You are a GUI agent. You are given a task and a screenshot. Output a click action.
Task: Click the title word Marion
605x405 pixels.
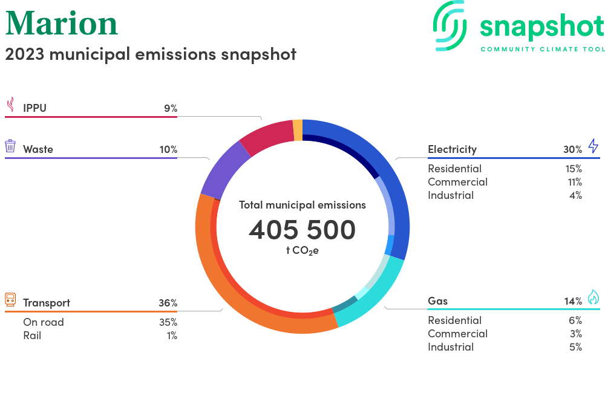61,24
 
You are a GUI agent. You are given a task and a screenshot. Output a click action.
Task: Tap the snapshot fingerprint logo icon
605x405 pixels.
450,26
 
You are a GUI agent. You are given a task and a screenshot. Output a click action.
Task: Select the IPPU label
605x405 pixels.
34,108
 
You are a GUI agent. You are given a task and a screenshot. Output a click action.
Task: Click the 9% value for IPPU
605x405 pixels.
171,108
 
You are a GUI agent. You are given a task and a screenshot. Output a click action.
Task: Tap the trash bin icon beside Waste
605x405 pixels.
10,146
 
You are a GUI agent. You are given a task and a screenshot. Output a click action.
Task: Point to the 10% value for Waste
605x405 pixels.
169,149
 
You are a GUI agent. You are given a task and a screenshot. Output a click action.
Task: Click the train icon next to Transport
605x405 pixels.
10,299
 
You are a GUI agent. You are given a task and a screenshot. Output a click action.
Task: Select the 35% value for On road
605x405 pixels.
168,322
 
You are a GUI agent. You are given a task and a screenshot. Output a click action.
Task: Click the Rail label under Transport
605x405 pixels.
32,335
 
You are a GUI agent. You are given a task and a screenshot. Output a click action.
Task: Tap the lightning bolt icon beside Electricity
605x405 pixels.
594,146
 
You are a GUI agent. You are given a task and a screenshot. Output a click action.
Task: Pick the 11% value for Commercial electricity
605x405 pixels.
575,183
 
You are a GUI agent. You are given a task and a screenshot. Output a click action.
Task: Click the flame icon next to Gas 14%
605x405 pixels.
594,297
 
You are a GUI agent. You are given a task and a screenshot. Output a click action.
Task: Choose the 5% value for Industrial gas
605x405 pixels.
576,347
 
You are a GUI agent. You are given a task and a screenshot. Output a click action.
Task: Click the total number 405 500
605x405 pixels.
302,230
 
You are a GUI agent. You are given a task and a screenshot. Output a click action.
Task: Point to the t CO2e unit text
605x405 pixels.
302,251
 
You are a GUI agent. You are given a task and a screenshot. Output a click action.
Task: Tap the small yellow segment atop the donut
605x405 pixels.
298,130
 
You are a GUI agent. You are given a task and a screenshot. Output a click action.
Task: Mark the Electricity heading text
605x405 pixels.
452,149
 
